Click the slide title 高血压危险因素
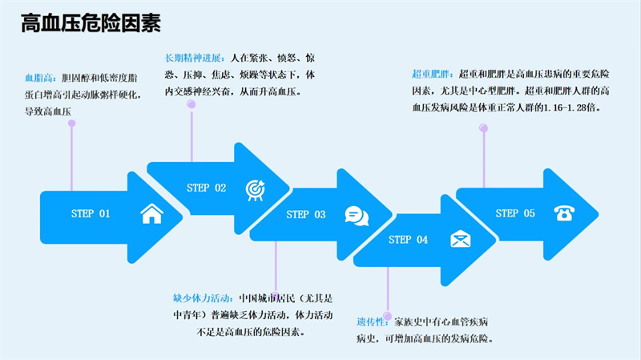tap(91, 24)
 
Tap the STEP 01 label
tap(91, 214)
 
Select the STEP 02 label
tap(206, 188)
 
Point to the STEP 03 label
tap(307, 214)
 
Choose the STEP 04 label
tap(409, 239)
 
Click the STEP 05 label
tap(515, 213)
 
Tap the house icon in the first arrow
tap(151, 214)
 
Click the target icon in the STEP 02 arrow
tap(255, 188)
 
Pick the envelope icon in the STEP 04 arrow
tap(460, 239)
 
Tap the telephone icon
tap(565, 212)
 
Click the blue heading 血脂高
tap(40, 79)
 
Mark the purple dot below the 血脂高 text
tap(71, 123)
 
